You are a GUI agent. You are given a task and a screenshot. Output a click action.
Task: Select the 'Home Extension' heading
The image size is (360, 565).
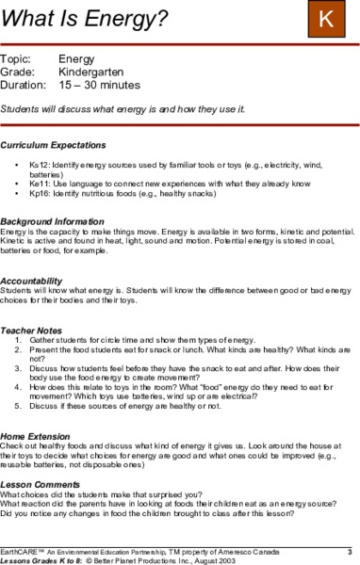(x=40, y=438)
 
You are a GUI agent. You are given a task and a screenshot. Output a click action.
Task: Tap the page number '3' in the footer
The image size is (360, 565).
(x=349, y=550)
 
